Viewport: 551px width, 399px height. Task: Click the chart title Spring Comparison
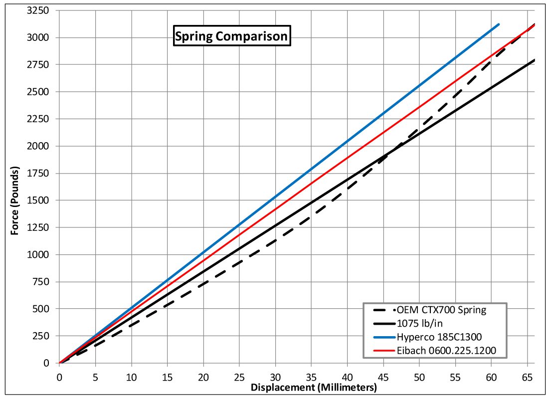coord(231,36)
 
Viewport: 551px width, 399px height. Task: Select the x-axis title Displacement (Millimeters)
coord(313,388)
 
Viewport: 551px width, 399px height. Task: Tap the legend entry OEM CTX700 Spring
coord(441,310)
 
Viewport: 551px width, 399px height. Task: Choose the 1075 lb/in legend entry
coord(418,323)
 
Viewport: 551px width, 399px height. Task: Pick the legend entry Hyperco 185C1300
coord(439,337)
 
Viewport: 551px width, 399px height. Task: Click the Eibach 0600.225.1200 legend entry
coord(446,351)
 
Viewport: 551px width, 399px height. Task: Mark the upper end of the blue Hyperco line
coord(499,24)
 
